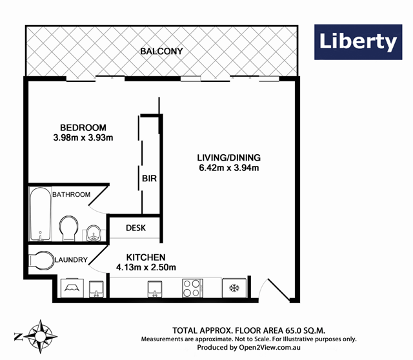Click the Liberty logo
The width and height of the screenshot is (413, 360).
click(x=356, y=43)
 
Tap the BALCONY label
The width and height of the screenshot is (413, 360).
click(x=163, y=51)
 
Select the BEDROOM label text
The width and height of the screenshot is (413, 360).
click(x=83, y=127)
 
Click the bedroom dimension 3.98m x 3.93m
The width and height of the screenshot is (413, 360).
click(x=83, y=137)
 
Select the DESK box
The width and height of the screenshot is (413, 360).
click(x=135, y=228)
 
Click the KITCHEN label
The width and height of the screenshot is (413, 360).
click(x=146, y=256)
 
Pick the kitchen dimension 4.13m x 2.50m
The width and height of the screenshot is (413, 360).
click(x=146, y=266)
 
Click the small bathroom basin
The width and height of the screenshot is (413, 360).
click(x=93, y=232)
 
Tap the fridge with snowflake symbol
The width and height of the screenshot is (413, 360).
click(x=234, y=288)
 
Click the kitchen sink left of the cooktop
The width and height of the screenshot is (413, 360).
click(x=155, y=288)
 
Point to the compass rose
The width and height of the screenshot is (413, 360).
click(x=40, y=335)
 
